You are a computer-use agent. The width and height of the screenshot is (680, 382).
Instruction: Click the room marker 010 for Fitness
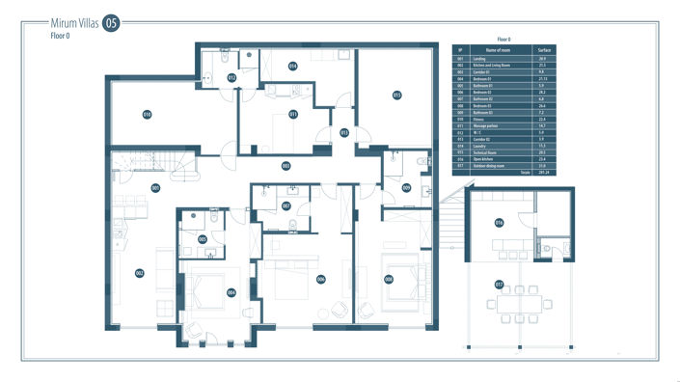pyautogui.click(x=148, y=114)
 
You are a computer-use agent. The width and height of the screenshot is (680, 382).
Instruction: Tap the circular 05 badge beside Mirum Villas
pyautogui.click(x=112, y=23)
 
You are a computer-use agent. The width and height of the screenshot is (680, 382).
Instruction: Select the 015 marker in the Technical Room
pyautogui.click(x=396, y=95)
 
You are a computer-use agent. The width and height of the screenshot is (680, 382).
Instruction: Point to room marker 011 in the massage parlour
pyautogui.click(x=292, y=114)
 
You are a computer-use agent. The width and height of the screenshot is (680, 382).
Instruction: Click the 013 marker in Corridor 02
pyautogui.click(x=344, y=132)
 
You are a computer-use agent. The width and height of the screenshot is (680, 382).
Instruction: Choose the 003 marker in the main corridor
pyautogui.click(x=286, y=166)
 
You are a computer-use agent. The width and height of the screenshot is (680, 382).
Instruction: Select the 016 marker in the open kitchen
pyautogui.click(x=500, y=224)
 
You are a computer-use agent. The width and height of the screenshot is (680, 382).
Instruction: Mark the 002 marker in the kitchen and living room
pyautogui.click(x=140, y=273)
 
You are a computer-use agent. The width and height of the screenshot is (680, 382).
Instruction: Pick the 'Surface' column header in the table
pyautogui.click(x=544, y=48)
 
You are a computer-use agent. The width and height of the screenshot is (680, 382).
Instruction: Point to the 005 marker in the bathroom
pyautogui.click(x=203, y=239)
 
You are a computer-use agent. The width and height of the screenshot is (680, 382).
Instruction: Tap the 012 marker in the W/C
pyautogui.click(x=231, y=76)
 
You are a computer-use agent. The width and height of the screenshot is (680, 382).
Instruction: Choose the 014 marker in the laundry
pyautogui.click(x=292, y=67)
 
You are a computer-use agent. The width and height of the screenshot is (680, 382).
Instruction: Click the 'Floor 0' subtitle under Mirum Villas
pyautogui.click(x=62, y=37)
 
